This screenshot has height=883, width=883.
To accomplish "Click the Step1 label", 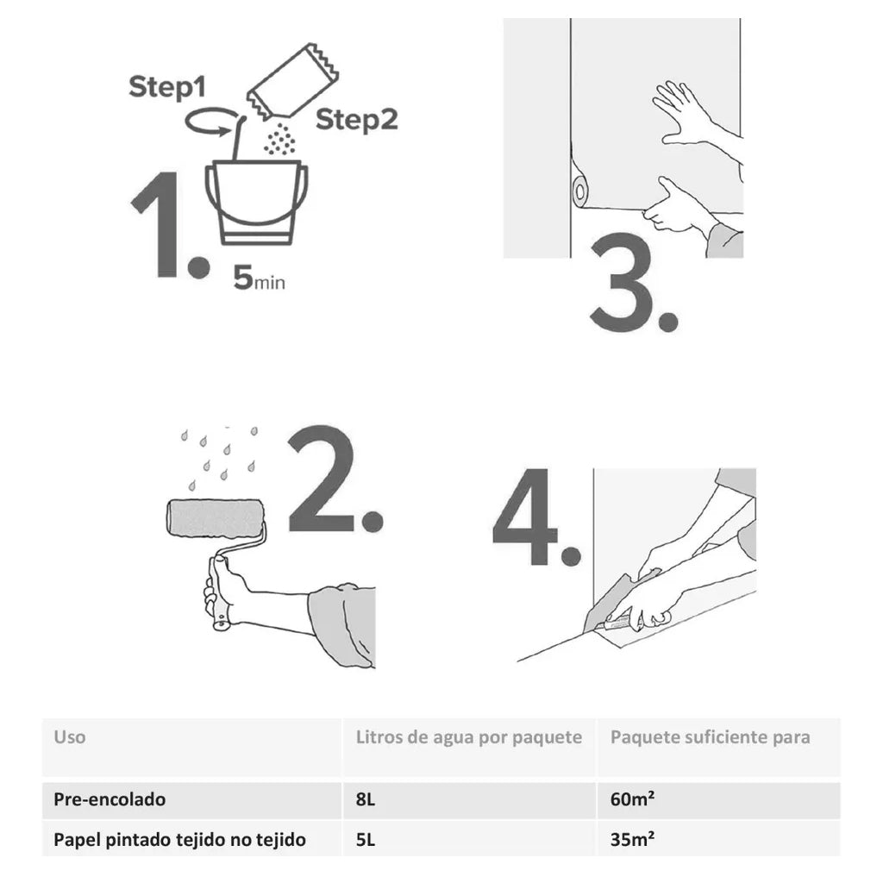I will click(x=168, y=87).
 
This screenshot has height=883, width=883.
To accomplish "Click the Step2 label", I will click(x=356, y=120).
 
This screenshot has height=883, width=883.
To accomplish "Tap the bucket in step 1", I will click(x=256, y=202).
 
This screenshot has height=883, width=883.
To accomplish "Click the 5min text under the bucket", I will click(x=258, y=280).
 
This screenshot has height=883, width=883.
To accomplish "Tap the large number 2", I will click(x=323, y=479).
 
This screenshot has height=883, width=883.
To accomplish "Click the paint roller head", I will click(x=214, y=520).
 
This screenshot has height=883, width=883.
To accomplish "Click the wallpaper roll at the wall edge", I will click(x=580, y=190).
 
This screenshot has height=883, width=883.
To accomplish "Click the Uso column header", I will click(x=70, y=737).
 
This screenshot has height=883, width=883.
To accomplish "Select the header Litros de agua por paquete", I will click(x=469, y=737).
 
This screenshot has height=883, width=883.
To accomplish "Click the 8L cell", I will click(x=366, y=799).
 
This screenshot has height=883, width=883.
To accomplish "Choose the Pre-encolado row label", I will click(x=110, y=799).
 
